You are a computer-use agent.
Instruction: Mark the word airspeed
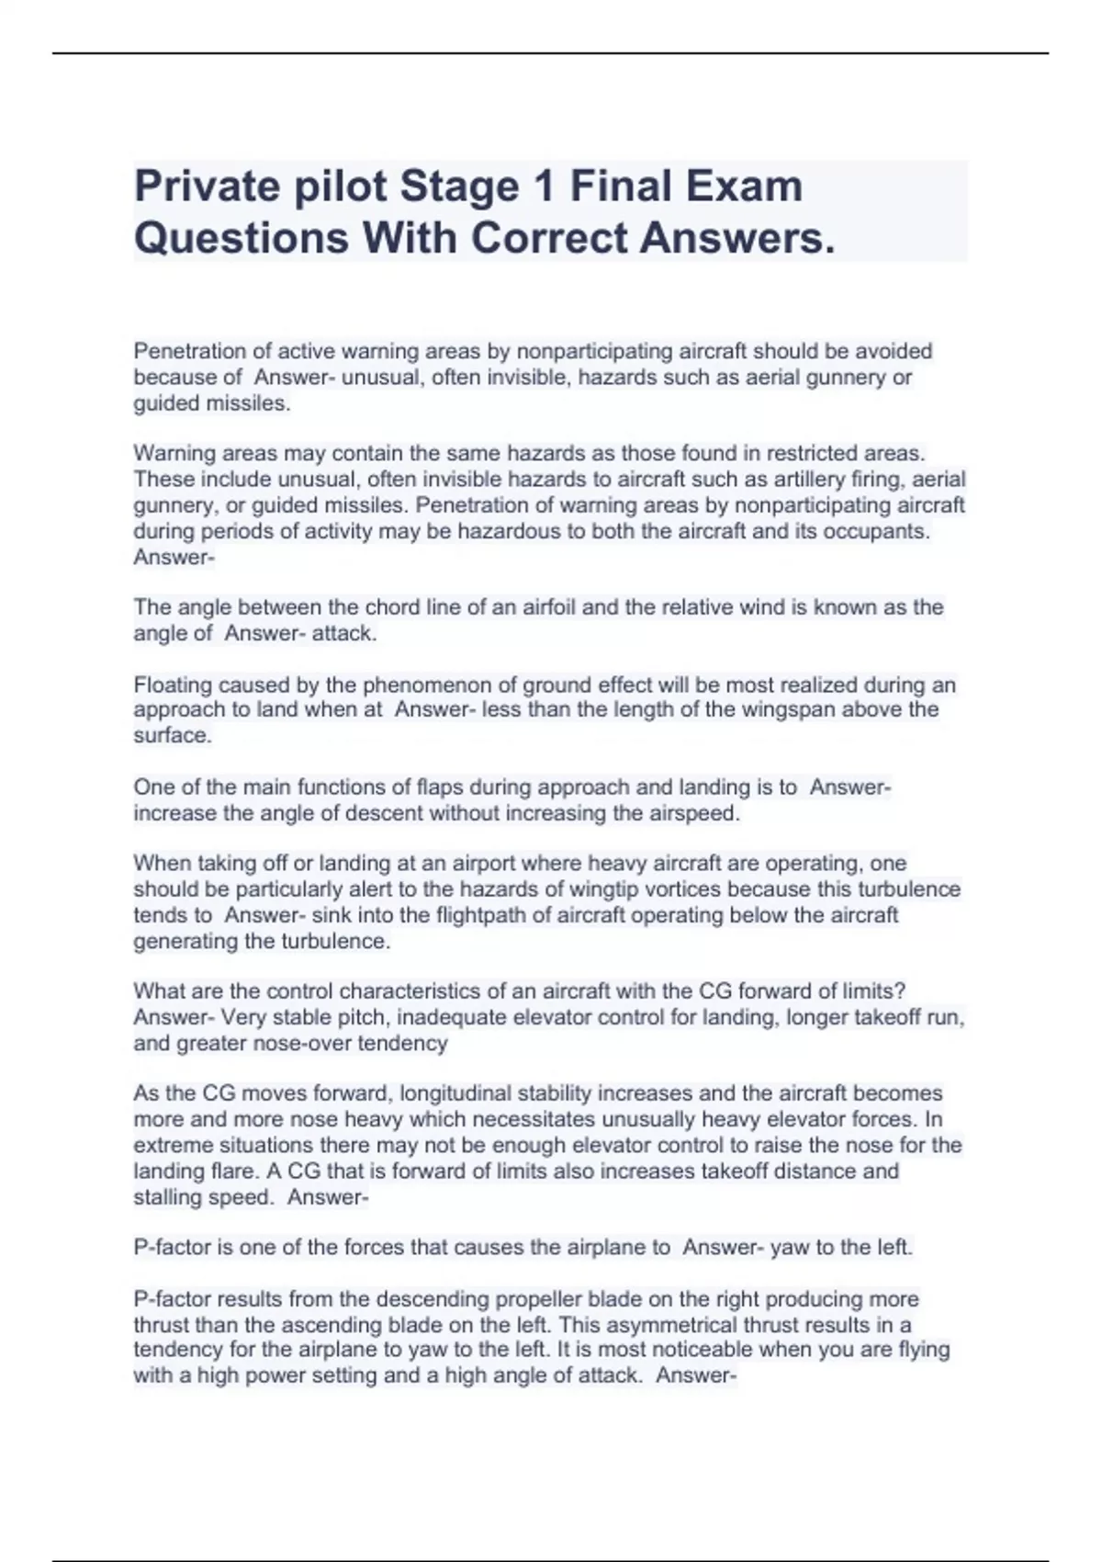click(692, 813)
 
